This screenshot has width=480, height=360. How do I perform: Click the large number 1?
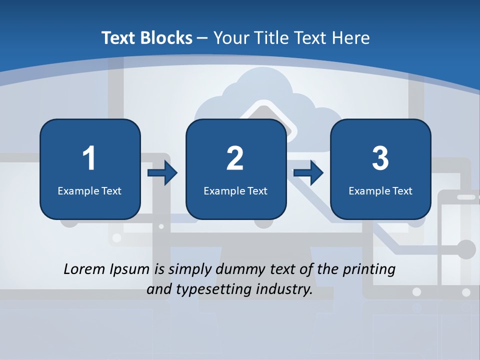point(89,158)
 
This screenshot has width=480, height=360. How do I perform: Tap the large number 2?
point(235,158)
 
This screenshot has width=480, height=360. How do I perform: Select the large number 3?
point(380,158)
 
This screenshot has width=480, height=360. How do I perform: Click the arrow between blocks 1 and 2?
point(162,173)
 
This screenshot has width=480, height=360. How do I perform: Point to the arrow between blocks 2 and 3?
point(308,173)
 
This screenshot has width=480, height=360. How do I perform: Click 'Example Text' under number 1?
point(89,190)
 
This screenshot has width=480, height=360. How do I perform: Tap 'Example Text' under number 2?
point(235,190)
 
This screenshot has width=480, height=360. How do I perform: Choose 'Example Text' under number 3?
point(380,190)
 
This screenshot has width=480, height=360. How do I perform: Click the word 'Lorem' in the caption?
point(84,269)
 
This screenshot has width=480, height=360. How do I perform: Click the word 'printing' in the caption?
point(369,270)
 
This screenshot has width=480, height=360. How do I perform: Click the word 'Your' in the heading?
point(230,38)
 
